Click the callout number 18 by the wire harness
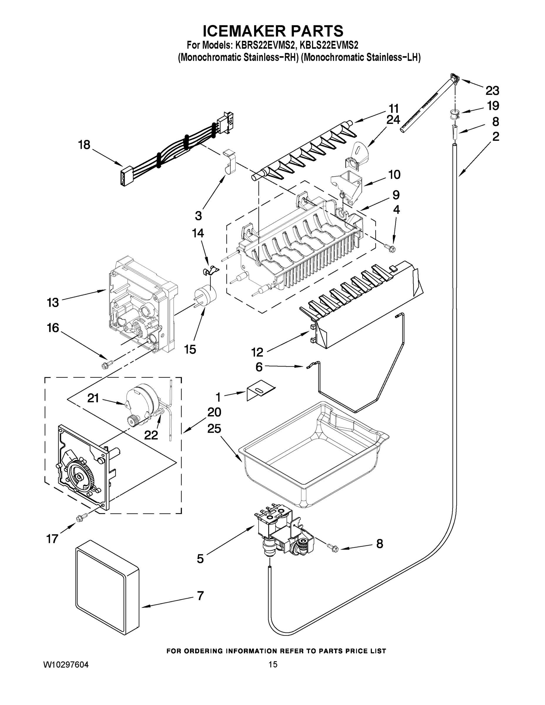pyautogui.click(x=84, y=145)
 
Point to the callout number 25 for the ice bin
pyautogui.click(x=214, y=429)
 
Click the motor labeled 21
pyautogui.click(x=141, y=399)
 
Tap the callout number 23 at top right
pyautogui.click(x=492, y=91)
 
